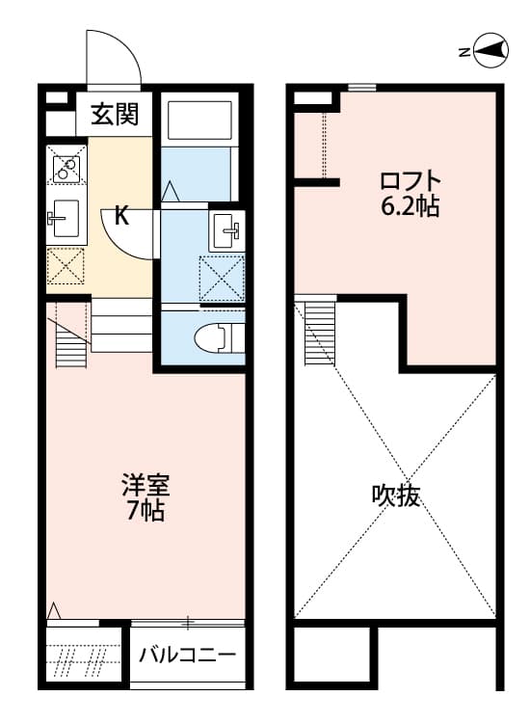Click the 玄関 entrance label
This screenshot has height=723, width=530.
coord(115,116)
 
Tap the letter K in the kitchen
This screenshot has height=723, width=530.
coord(121,215)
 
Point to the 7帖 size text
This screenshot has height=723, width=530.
coord(146,511)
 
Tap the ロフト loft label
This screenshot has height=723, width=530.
coord(410,180)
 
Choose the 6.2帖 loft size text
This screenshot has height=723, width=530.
coord(410,205)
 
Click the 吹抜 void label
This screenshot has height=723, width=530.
coord(396,496)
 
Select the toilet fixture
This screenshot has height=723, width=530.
coord(218,337)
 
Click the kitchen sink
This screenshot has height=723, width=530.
coord(66,218)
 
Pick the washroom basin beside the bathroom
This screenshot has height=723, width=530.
coord(228,229)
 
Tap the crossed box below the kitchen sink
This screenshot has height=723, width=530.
coord(66,267)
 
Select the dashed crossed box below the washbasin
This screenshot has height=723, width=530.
coord(222,278)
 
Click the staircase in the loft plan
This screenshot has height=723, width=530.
coord(317,333)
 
